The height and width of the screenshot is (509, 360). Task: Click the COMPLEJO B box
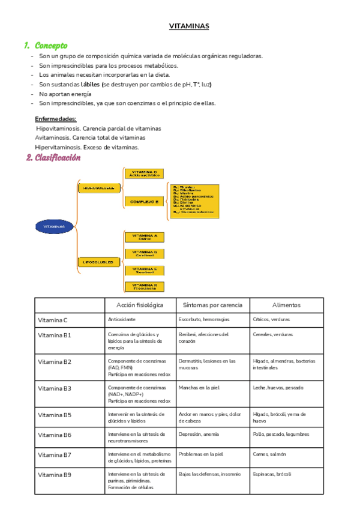[x=144, y=202]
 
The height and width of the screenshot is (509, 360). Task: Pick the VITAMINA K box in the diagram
[x=144, y=287]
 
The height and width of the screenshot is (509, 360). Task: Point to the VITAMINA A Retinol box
[x=144, y=237]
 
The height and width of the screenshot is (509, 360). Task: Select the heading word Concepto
[x=51, y=46]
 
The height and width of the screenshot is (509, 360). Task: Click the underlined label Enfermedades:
[x=56, y=119]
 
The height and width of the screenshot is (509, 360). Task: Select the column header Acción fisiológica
[x=139, y=305]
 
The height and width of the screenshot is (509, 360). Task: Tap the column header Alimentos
[x=286, y=305]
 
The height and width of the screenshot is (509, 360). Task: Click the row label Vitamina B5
[x=55, y=415]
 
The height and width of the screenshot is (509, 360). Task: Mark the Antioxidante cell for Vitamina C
[x=122, y=320]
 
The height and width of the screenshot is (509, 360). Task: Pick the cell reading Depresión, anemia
[x=199, y=434]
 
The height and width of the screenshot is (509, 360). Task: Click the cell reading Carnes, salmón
[x=269, y=454]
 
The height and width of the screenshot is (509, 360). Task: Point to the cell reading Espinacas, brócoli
[x=272, y=474]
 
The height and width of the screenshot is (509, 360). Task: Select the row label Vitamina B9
[x=55, y=475]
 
